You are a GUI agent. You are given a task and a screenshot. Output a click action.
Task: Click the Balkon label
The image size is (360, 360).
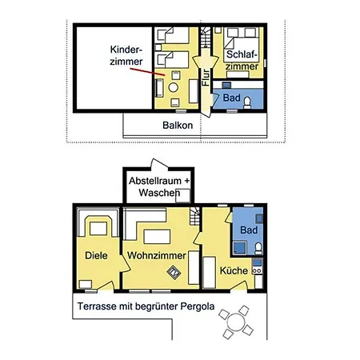(178, 126)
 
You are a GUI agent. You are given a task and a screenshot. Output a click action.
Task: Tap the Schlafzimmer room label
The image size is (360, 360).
(242, 60)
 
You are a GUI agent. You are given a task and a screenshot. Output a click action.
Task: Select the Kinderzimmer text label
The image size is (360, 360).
(126, 55)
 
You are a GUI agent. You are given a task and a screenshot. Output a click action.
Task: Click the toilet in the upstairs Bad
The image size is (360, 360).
(247, 103)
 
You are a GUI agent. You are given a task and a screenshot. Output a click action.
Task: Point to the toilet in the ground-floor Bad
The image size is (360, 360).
(258, 248)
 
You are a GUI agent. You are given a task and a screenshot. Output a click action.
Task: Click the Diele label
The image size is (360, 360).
(96, 255)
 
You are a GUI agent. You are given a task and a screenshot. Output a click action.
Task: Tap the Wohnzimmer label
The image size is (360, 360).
(157, 255)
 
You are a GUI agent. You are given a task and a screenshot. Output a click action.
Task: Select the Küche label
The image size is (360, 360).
(234, 270)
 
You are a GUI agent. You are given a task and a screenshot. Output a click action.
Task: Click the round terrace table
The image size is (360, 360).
(236, 322)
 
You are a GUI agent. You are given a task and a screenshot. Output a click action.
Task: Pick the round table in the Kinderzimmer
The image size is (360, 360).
(174, 87)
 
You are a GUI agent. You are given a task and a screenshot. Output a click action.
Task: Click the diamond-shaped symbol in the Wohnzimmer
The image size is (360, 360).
(174, 273)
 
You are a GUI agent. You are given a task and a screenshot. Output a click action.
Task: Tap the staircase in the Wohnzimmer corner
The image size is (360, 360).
(194, 216)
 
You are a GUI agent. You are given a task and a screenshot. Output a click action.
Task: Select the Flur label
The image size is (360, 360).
(206, 78)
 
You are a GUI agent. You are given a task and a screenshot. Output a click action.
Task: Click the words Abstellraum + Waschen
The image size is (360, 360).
(159, 186)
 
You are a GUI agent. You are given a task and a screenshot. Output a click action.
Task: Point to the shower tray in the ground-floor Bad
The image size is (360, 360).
(240, 248)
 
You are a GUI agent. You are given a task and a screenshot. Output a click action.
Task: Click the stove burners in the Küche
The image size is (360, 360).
(257, 271)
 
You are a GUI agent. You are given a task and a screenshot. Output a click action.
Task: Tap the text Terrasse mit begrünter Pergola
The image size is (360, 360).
(146, 306)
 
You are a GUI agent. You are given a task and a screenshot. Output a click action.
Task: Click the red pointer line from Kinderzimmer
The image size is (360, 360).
(147, 72)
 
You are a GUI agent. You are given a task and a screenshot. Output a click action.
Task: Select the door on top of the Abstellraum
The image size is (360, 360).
(159, 165)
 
